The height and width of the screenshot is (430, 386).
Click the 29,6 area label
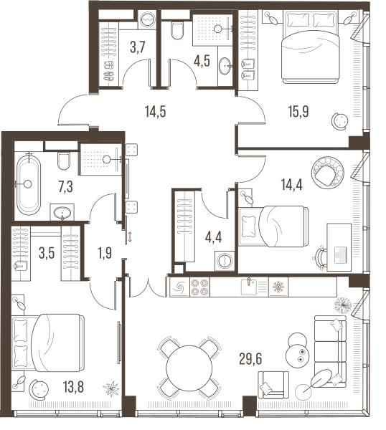pyautogui.click(x=250, y=359)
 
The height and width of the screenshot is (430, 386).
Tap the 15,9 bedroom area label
pyautogui.click(x=298, y=112)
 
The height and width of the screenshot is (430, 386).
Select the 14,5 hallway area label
pyautogui.click(x=156, y=112)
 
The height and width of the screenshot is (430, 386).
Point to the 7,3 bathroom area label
pyautogui.click(x=65, y=187)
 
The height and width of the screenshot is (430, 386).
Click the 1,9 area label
pyautogui.click(x=105, y=253)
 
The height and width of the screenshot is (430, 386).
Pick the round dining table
pyautogui.click(x=189, y=368)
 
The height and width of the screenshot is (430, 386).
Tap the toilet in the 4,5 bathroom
pyautogui.click(x=177, y=30)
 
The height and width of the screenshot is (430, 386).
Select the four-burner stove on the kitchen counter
pyautogui.click(x=199, y=287)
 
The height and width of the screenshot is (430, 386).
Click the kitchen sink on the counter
pyautogui.click(x=248, y=287)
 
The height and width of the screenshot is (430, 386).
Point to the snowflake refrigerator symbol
pyautogui.click(x=278, y=287)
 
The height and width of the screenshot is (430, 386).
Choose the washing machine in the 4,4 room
pyautogui.click(x=225, y=261)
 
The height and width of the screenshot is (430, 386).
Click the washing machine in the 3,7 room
pyautogui.click(x=147, y=20)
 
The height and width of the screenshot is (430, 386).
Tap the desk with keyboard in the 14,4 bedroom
pyautogui.click(x=339, y=247)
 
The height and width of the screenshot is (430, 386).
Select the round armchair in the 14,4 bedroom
pyautogui.click(x=328, y=173)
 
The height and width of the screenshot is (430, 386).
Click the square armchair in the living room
pyautogui.click(x=273, y=385)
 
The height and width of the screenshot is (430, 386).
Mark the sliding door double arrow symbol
pyautogui.click(x=130, y=236)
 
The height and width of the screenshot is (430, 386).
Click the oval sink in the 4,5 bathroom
pyautogui.click(x=225, y=66)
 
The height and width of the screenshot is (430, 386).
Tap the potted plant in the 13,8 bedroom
pyautogui.click(x=111, y=388)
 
